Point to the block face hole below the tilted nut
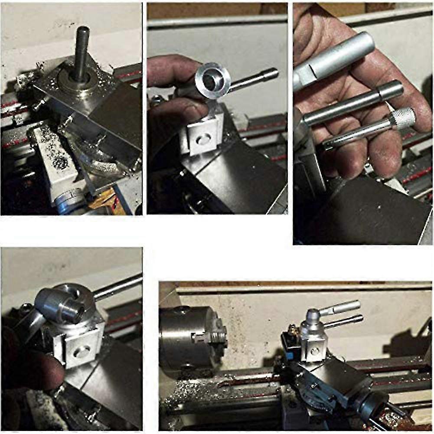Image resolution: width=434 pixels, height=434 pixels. pos(80,352)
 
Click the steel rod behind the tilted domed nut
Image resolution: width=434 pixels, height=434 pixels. pos(119,286)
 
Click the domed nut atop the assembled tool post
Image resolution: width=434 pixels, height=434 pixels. pos(311,321)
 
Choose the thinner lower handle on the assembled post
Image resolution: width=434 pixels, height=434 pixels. pos(347,321)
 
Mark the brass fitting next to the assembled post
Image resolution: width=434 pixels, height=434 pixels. pos(291,333)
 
